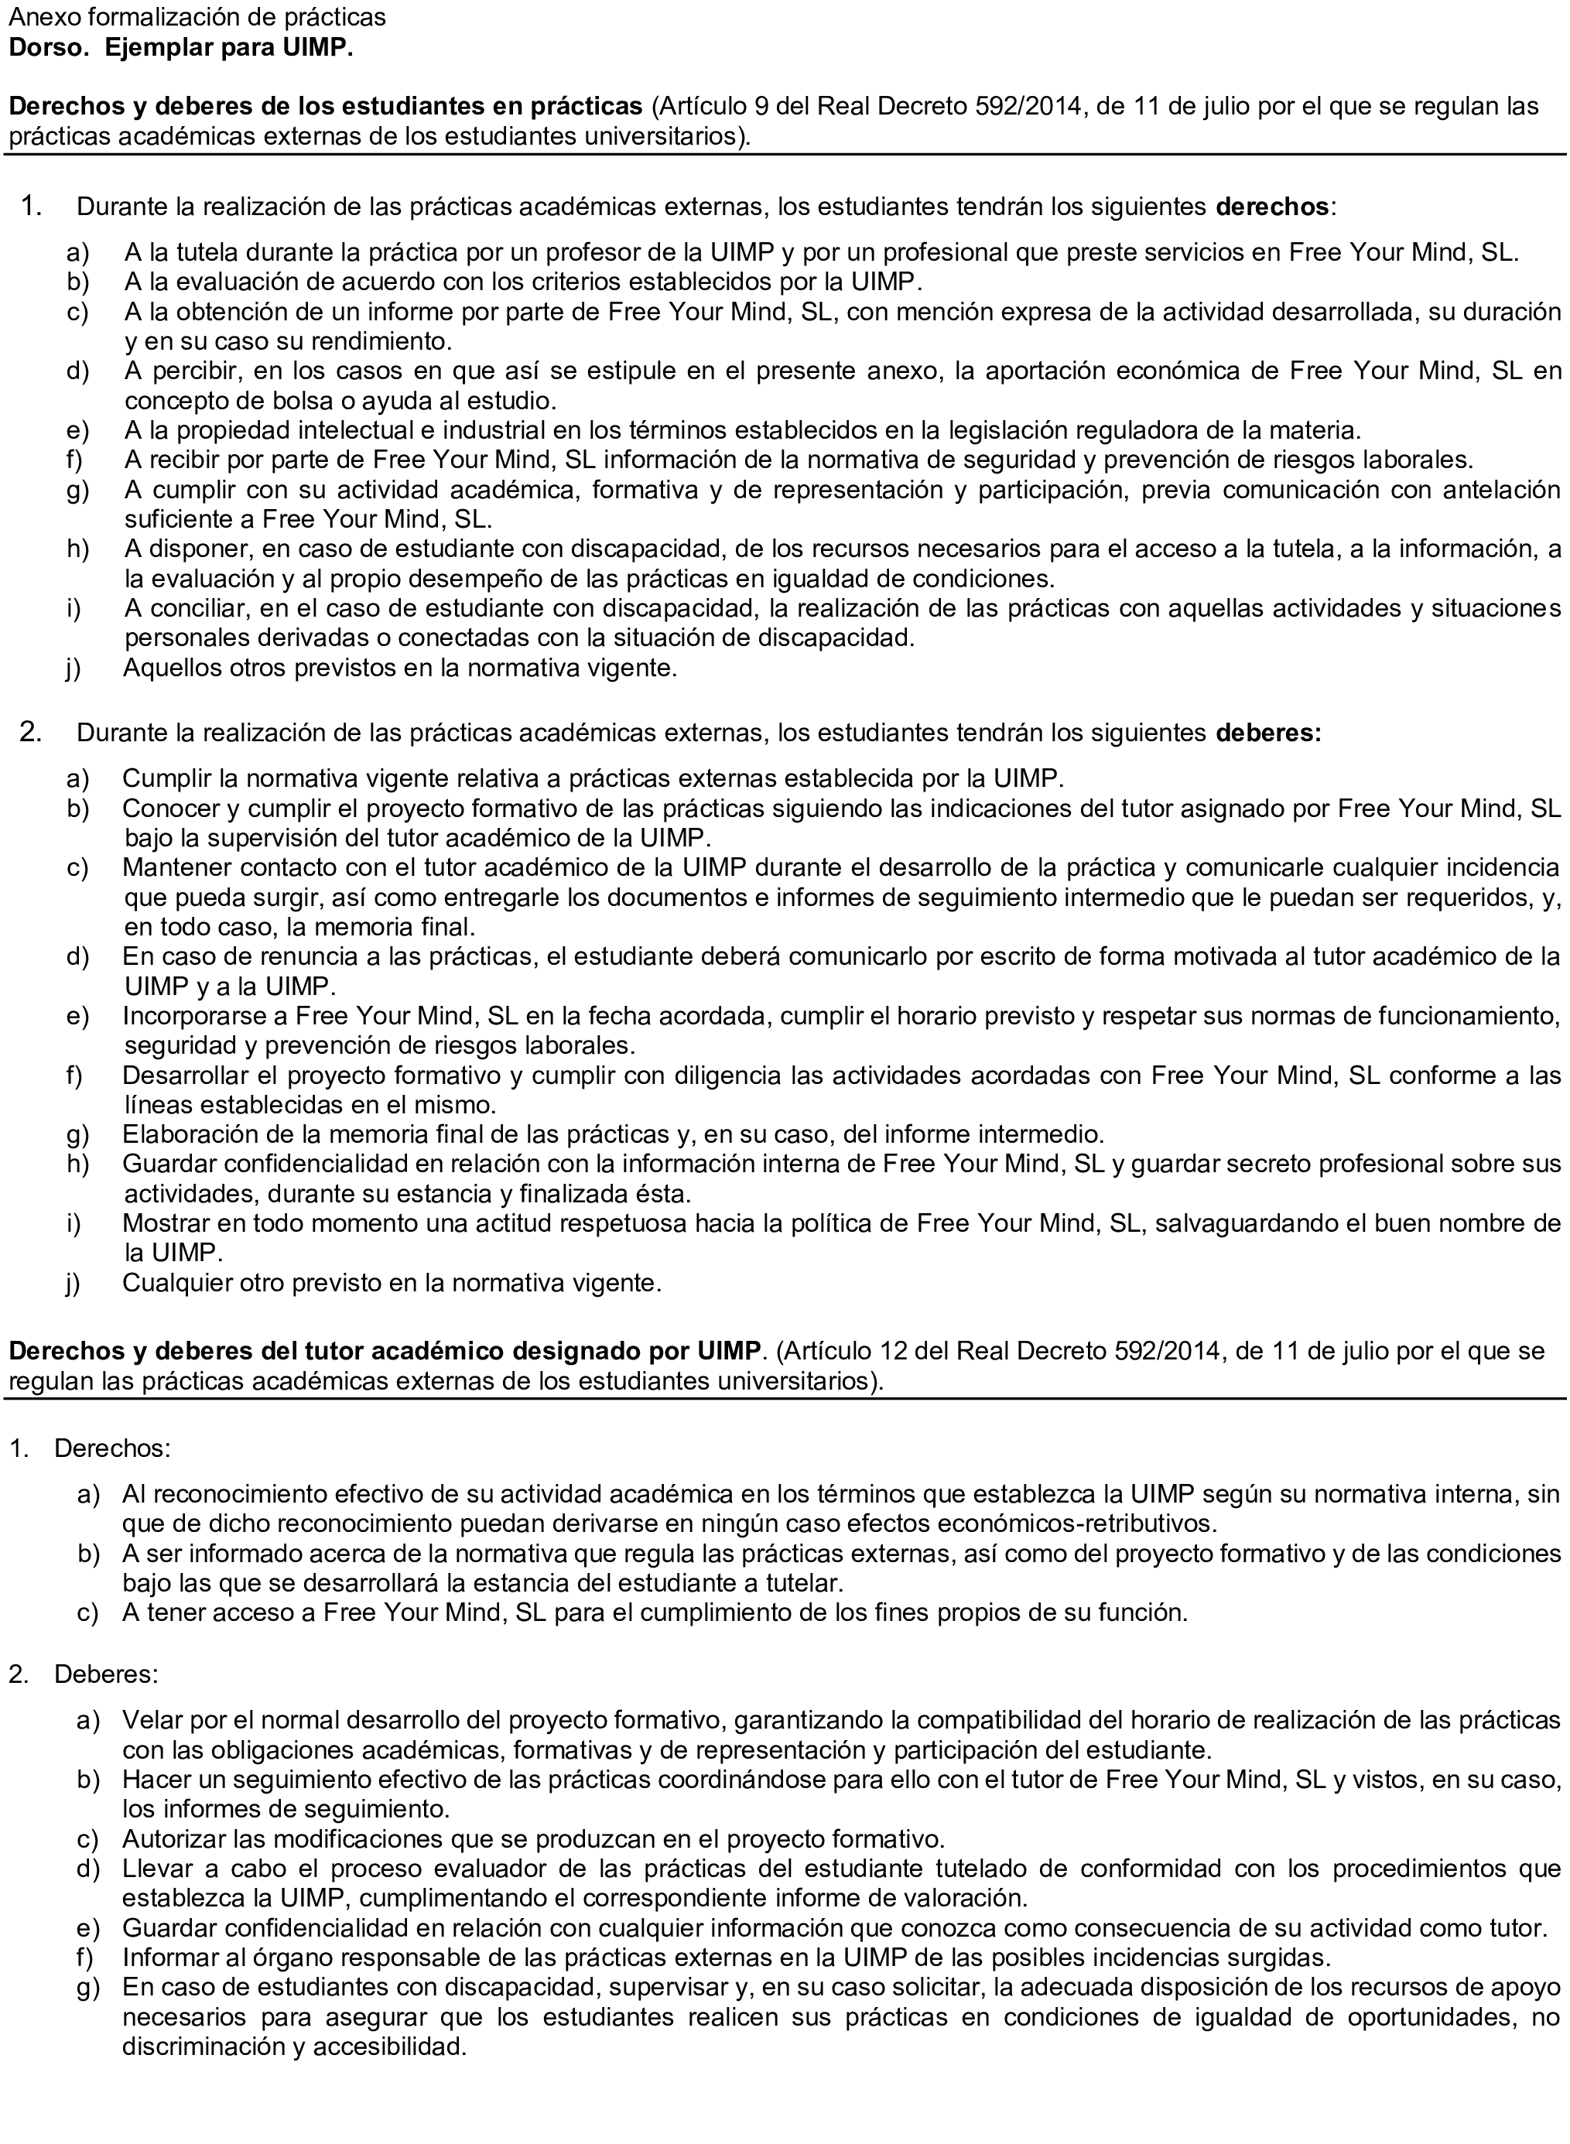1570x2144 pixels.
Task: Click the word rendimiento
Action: point(376,341)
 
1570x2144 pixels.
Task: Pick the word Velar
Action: point(150,1719)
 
